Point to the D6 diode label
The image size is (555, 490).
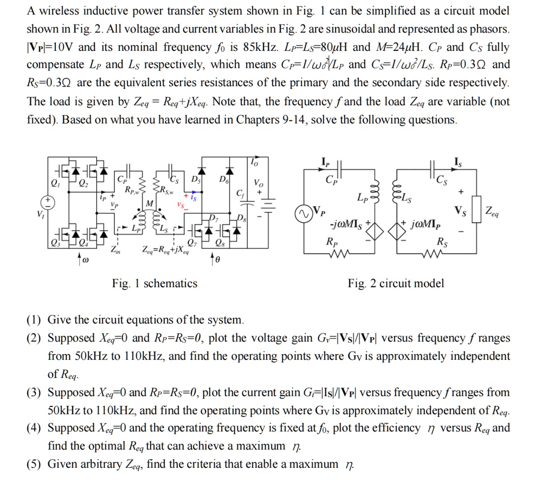[x=223, y=179]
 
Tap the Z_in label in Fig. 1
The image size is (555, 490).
[x=116, y=250]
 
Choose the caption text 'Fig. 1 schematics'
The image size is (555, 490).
[x=154, y=283]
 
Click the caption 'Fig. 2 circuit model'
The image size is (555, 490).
[x=396, y=283]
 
